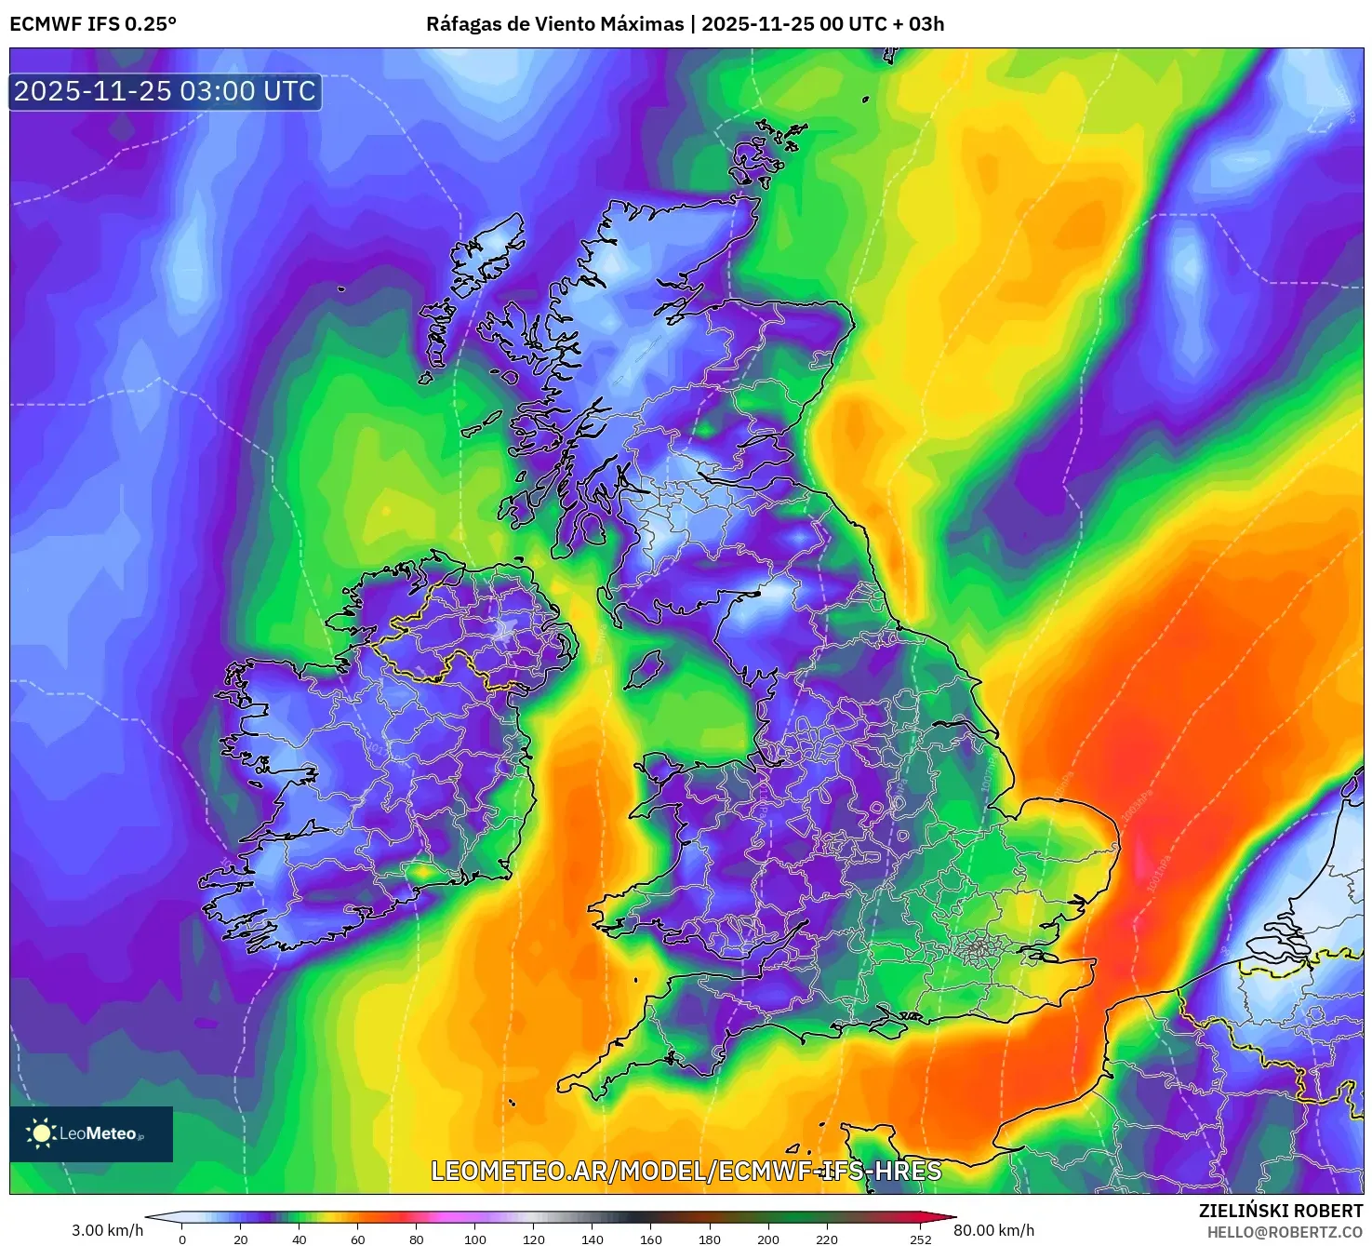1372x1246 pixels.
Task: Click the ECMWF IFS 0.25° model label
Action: tap(93, 24)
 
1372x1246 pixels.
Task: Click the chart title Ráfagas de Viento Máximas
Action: tap(554, 24)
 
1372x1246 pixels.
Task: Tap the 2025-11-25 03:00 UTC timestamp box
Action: tap(166, 91)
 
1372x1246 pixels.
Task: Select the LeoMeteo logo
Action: tap(91, 1133)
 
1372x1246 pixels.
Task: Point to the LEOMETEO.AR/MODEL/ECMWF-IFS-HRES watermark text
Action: tap(686, 1171)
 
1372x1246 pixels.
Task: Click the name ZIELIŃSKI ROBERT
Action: tap(1281, 1211)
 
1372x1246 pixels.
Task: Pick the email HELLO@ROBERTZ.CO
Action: tap(1285, 1232)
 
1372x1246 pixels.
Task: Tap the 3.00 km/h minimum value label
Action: tap(108, 1230)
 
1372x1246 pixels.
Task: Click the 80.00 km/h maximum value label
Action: tap(993, 1230)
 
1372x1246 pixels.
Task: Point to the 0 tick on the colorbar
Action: tap(182, 1239)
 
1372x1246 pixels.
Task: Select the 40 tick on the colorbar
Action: tap(300, 1239)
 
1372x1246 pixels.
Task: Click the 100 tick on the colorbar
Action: tap(475, 1239)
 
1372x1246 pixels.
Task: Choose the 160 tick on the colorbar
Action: tap(651, 1239)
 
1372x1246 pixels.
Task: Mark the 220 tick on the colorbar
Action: tap(827, 1239)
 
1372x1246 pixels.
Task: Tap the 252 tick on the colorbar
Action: tap(921, 1239)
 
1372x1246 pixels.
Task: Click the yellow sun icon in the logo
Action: tap(41, 1133)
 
